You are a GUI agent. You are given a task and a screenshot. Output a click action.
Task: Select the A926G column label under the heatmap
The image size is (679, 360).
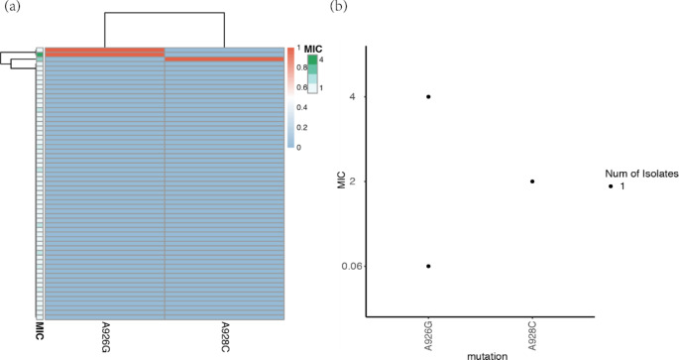click(104, 338)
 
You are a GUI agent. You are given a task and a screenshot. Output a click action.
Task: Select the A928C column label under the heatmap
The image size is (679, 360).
click(225, 338)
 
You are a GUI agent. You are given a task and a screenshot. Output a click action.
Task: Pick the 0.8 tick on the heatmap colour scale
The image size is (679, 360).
click(301, 67)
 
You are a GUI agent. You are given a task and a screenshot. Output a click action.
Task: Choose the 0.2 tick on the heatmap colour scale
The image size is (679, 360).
click(301, 127)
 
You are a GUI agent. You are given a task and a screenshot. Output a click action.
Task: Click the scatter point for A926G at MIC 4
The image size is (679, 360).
click(428, 96)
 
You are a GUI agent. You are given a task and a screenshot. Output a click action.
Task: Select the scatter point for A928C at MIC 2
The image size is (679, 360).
click(532, 181)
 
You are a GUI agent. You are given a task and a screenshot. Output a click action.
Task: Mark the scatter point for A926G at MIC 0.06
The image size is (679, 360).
click(428, 266)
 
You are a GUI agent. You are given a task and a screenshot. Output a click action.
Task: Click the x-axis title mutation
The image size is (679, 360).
click(481, 353)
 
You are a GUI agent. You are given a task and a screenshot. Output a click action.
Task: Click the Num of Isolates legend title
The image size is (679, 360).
click(633, 172)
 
